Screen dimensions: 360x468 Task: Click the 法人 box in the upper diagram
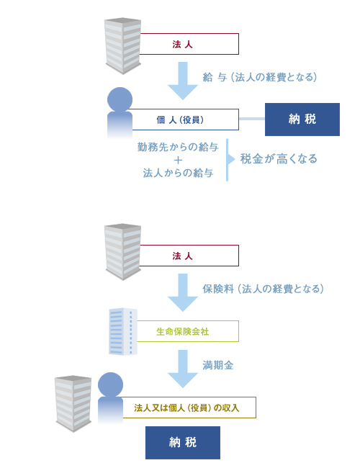tap(189, 44)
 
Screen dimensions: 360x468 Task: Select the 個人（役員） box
tap(185, 120)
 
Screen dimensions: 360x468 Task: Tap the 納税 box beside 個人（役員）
tap(302, 120)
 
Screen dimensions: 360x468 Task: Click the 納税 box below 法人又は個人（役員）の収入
tap(183, 442)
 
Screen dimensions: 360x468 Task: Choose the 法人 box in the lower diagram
tap(189, 256)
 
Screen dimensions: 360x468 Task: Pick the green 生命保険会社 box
tap(188, 331)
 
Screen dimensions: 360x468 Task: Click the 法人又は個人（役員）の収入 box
tap(189, 408)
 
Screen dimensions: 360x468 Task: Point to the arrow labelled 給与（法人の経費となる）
tap(183, 81)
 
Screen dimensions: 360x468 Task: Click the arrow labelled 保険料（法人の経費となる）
tap(183, 292)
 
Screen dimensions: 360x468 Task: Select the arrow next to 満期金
tap(183, 369)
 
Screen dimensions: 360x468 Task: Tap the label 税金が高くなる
tap(279, 159)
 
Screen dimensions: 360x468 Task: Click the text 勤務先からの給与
tap(178, 147)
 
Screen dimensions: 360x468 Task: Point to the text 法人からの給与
tap(178, 173)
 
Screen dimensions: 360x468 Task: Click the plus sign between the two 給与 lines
tap(179, 161)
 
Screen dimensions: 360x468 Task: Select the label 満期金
tap(218, 365)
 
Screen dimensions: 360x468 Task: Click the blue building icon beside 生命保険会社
tap(123, 331)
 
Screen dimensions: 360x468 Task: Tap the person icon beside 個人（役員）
tap(120, 113)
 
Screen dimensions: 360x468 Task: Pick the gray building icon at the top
tap(122, 45)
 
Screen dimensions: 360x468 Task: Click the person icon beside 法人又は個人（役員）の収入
tap(110, 398)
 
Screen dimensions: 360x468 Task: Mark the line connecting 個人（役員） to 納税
tap(252, 119)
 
